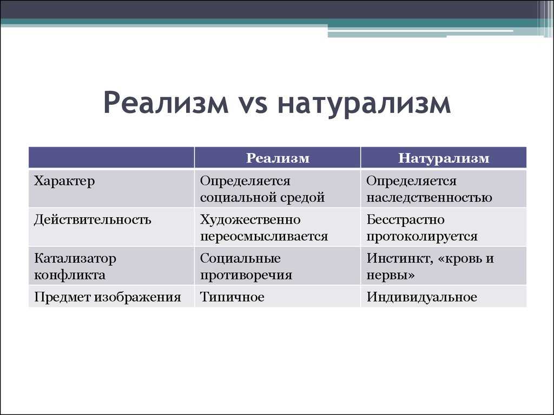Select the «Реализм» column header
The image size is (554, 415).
(278, 158)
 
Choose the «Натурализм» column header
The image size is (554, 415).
(444, 158)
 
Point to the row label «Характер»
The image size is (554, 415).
(64, 181)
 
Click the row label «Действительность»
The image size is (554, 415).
(93, 220)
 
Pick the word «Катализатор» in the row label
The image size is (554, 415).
(75, 259)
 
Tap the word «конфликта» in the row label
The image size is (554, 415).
(70, 275)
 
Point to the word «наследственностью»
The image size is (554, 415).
(429, 198)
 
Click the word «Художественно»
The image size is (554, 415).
(250, 220)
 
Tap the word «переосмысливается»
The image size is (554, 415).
(264, 237)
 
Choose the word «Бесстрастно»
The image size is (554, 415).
(405, 220)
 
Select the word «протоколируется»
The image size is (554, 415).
(422, 237)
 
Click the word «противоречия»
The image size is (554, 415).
(246, 275)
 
